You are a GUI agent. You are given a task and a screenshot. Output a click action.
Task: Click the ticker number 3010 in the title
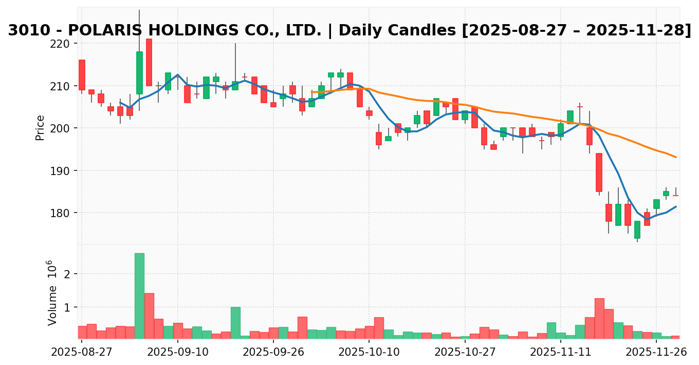pos(26,31)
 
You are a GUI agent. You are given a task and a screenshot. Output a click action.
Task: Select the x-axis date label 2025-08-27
pos(82,352)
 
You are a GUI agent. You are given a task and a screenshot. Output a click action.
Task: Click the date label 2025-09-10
pos(177,352)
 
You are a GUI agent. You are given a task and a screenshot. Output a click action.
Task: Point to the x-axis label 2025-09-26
pos(273,352)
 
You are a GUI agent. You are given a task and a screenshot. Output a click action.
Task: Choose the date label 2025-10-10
pos(369,352)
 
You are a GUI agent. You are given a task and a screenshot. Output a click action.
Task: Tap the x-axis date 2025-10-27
pos(465,352)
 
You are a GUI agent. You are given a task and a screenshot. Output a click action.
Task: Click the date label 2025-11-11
pos(560,352)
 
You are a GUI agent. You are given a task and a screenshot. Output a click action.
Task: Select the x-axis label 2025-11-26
pos(656,352)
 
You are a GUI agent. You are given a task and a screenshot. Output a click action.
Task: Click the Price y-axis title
pos(40,127)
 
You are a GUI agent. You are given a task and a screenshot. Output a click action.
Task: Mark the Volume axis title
pos(52,293)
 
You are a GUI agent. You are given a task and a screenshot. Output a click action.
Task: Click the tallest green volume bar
pos(139,296)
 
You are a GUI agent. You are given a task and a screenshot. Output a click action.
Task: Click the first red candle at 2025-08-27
pos(82,75)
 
